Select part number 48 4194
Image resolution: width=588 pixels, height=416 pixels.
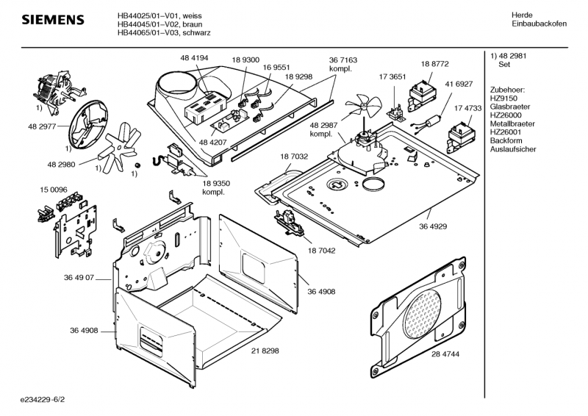[x=194, y=57]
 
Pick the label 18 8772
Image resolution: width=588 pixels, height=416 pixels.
[x=435, y=65]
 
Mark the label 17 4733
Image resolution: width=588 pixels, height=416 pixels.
[x=467, y=108]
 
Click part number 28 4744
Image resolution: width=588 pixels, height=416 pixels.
[x=445, y=354]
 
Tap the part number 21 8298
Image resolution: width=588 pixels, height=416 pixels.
[x=265, y=351]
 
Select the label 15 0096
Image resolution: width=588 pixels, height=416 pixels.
[x=54, y=190]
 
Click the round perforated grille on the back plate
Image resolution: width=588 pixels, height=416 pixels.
[x=426, y=309]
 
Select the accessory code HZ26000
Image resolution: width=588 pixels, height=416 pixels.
[x=505, y=116]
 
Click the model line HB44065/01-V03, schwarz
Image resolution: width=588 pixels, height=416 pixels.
[x=160, y=33]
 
